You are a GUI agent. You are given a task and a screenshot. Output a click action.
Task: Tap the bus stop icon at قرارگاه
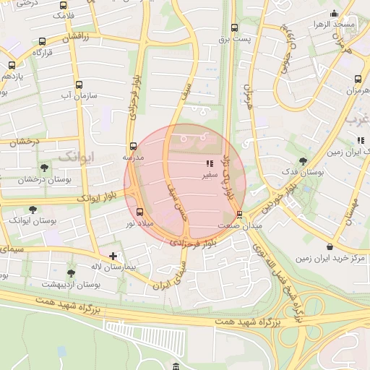coord(42,41)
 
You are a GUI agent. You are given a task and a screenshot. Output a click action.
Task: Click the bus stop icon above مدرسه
coord(132,146)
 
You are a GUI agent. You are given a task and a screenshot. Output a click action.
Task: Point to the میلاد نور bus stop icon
coord(139,212)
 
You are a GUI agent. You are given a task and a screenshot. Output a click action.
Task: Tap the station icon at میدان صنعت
coord(240,215)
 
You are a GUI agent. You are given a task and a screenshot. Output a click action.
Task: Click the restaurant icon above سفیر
coord(210,164)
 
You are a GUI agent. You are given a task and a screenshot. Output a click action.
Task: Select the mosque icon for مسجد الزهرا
coord(333,14)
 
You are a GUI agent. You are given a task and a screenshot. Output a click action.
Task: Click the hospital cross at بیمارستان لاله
coord(113,256)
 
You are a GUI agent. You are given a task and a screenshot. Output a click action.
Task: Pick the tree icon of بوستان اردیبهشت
coord(70,273)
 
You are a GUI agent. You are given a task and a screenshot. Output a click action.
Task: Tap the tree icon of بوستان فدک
coord(302,161)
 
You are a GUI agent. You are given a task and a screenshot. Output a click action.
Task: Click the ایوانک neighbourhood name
coord(75,156)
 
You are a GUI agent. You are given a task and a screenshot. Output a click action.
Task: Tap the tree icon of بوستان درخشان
coord(44,168)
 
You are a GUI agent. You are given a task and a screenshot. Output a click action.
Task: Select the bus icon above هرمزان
coord(358,79)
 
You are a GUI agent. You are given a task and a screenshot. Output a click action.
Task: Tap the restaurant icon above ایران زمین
coord(359,141)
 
